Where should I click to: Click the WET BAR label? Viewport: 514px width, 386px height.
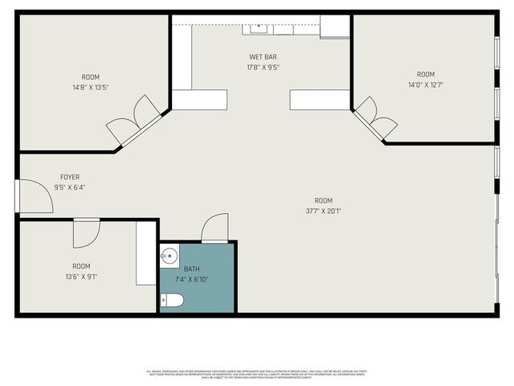point(263,57)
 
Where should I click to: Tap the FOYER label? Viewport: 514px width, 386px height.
point(70,177)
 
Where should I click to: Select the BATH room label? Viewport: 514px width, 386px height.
point(192,269)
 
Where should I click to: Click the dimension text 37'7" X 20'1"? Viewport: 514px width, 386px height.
point(323,212)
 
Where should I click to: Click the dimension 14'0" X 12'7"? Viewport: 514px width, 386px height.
point(426,84)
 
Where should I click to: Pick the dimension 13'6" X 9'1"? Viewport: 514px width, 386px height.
point(81,277)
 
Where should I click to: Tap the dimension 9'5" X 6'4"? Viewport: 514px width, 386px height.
point(70,187)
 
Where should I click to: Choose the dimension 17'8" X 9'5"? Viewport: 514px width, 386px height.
point(263,68)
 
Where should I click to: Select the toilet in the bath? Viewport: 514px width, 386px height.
point(173,301)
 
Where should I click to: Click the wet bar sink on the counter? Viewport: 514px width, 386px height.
point(258,30)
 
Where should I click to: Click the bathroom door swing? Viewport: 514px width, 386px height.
point(214,228)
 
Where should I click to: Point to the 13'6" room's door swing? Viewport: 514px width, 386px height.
point(85,232)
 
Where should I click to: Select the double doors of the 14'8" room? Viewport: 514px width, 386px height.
point(132,121)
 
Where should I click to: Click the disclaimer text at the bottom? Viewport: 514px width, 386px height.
point(257,373)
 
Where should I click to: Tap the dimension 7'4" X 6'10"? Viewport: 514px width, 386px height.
point(192,279)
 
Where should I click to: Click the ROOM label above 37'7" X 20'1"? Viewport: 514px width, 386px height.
point(323,201)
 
